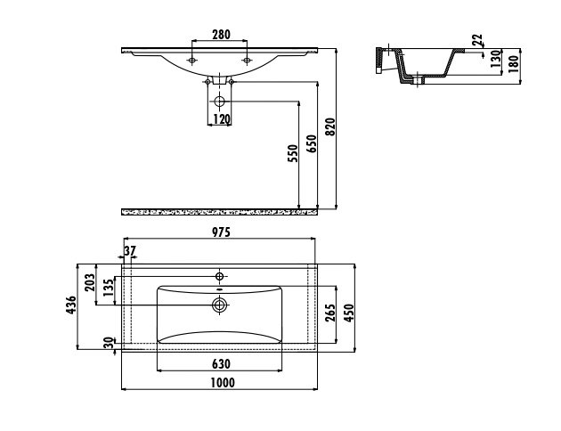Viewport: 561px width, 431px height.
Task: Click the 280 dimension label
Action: click(x=221, y=35)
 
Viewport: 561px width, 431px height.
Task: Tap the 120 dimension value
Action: click(x=222, y=119)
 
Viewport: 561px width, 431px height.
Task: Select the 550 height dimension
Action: click(x=293, y=153)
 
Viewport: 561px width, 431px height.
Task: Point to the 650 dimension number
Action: click(x=312, y=143)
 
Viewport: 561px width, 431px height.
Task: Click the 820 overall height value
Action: click(x=330, y=127)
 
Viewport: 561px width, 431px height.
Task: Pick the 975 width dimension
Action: click(x=221, y=232)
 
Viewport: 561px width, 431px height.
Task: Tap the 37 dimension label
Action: click(x=130, y=251)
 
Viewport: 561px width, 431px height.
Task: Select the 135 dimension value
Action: click(x=108, y=288)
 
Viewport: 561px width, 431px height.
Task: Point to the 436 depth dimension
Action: click(x=71, y=305)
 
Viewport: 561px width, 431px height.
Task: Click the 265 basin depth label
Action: click(x=330, y=313)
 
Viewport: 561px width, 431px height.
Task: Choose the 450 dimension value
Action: click(x=348, y=313)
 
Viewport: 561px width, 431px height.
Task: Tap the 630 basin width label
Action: click(x=221, y=364)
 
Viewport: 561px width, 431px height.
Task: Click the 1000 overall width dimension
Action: click(x=223, y=383)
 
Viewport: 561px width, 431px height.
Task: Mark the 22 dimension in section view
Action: click(x=477, y=39)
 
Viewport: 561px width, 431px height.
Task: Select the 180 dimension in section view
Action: click(x=513, y=64)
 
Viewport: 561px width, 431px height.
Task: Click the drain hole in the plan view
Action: click(x=220, y=305)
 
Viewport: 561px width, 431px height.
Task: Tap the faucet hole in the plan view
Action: click(x=220, y=276)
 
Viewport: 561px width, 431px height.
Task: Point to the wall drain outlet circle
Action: click(x=219, y=102)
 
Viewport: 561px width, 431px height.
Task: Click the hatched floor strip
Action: click(x=219, y=212)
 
